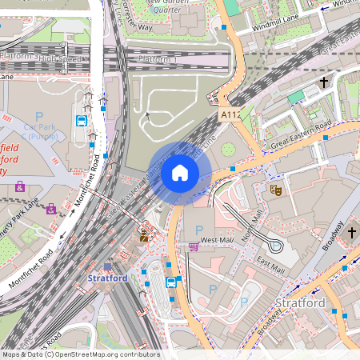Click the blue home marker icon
pyautogui.click(x=180, y=173)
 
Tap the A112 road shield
pyautogui.click(x=229, y=116)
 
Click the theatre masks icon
pyautogui.click(x=275, y=190)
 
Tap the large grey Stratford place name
pyautogui.click(x=301, y=303)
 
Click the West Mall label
pyautogui.click(x=216, y=240)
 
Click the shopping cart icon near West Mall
pyautogui.click(x=194, y=246)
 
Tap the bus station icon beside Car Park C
pyautogui.click(x=82, y=121)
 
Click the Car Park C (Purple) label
pyautogui.click(x=38, y=133)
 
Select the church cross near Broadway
pyautogui.click(x=352, y=232)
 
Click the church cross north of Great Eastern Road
pyautogui.click(x=325, y=82)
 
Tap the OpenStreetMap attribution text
pyautogui.click(x=80, y=354)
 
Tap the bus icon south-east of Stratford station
pyautogui.click(x=171, y=282)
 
